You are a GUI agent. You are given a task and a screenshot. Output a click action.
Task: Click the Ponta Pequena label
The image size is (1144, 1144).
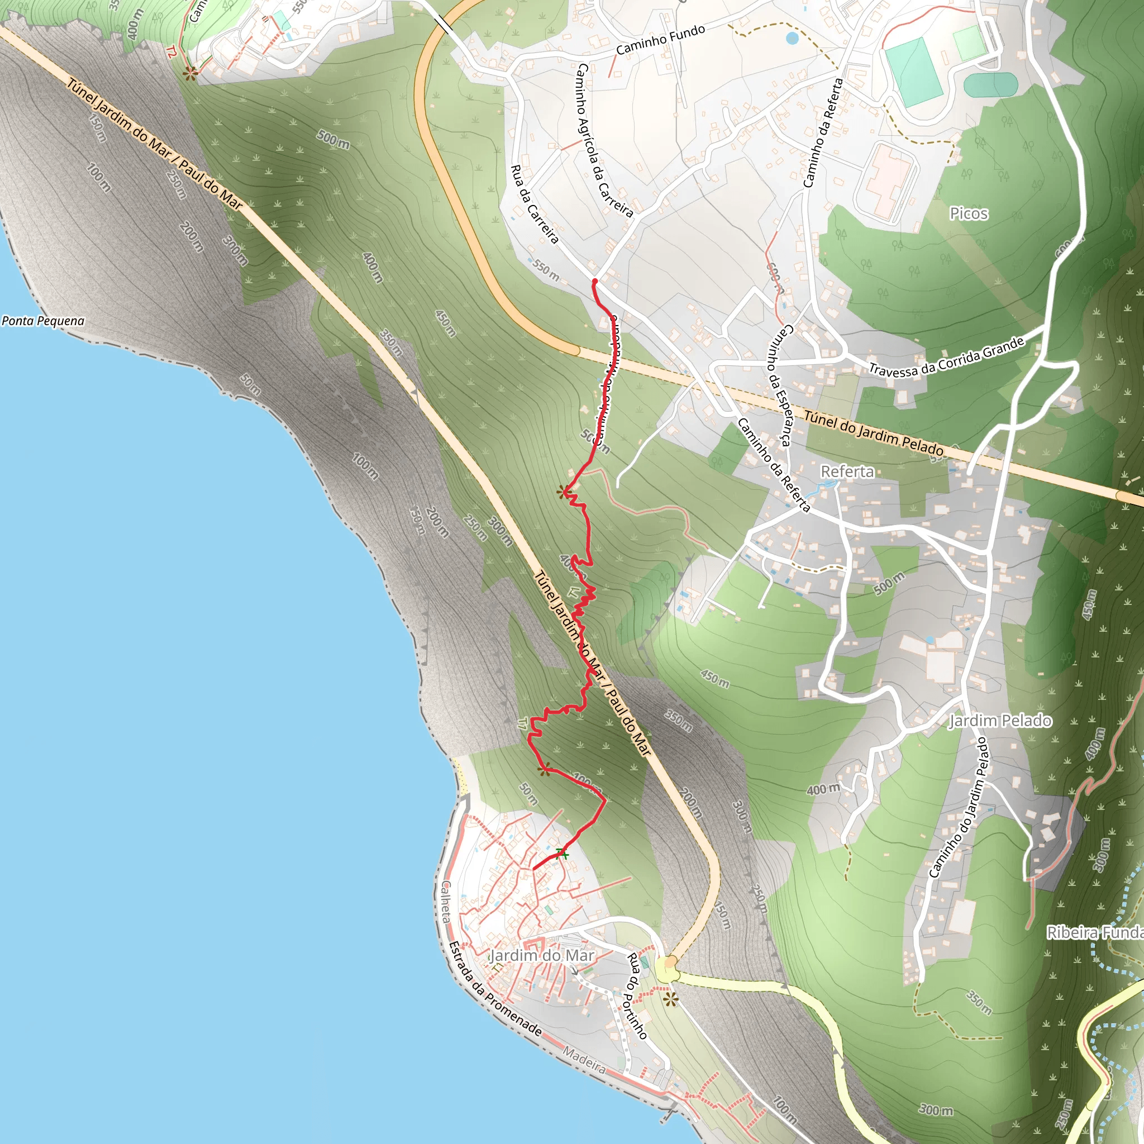pyautogui.click(x=43, y=321)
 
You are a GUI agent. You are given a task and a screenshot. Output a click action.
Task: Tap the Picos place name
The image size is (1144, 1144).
pyautogui.click(x=969, y=214)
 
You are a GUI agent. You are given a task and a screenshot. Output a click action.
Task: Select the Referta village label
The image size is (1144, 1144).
pyautogui.click(x=847, y=471)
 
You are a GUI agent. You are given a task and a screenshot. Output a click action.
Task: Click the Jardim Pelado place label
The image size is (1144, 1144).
pyautogui.click(x=1000, y=721)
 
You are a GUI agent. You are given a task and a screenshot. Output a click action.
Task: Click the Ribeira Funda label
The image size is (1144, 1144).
pyautogui.click(x=1094, y=933)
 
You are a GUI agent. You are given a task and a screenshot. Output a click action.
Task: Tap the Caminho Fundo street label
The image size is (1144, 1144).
pyautogui.click(x=660, y=40)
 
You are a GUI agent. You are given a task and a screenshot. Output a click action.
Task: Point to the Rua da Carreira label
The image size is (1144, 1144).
pyautogui.click(x=535, y=204)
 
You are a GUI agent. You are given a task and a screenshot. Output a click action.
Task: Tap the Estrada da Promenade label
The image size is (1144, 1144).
pyautogui.click(x=495, y=988)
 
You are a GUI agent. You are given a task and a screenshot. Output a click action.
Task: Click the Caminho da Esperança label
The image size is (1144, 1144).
pyautogui.click(x=779, y=385)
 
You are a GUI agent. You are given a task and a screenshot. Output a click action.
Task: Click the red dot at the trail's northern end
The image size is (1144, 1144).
pyautogui.click(x=594, y=282)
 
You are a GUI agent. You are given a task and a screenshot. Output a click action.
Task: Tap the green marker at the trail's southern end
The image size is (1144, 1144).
pyautogui.click(x=561, y=854)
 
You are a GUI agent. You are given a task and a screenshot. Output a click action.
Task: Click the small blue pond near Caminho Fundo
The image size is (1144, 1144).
pyautogui.click(x=792, y=39)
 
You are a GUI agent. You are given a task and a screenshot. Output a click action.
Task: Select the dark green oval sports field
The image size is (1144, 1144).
pyautogui.click(x=990, y=85)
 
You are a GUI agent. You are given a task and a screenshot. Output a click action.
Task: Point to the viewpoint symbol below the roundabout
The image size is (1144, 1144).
pyautogui.click(x=670, y=1000)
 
